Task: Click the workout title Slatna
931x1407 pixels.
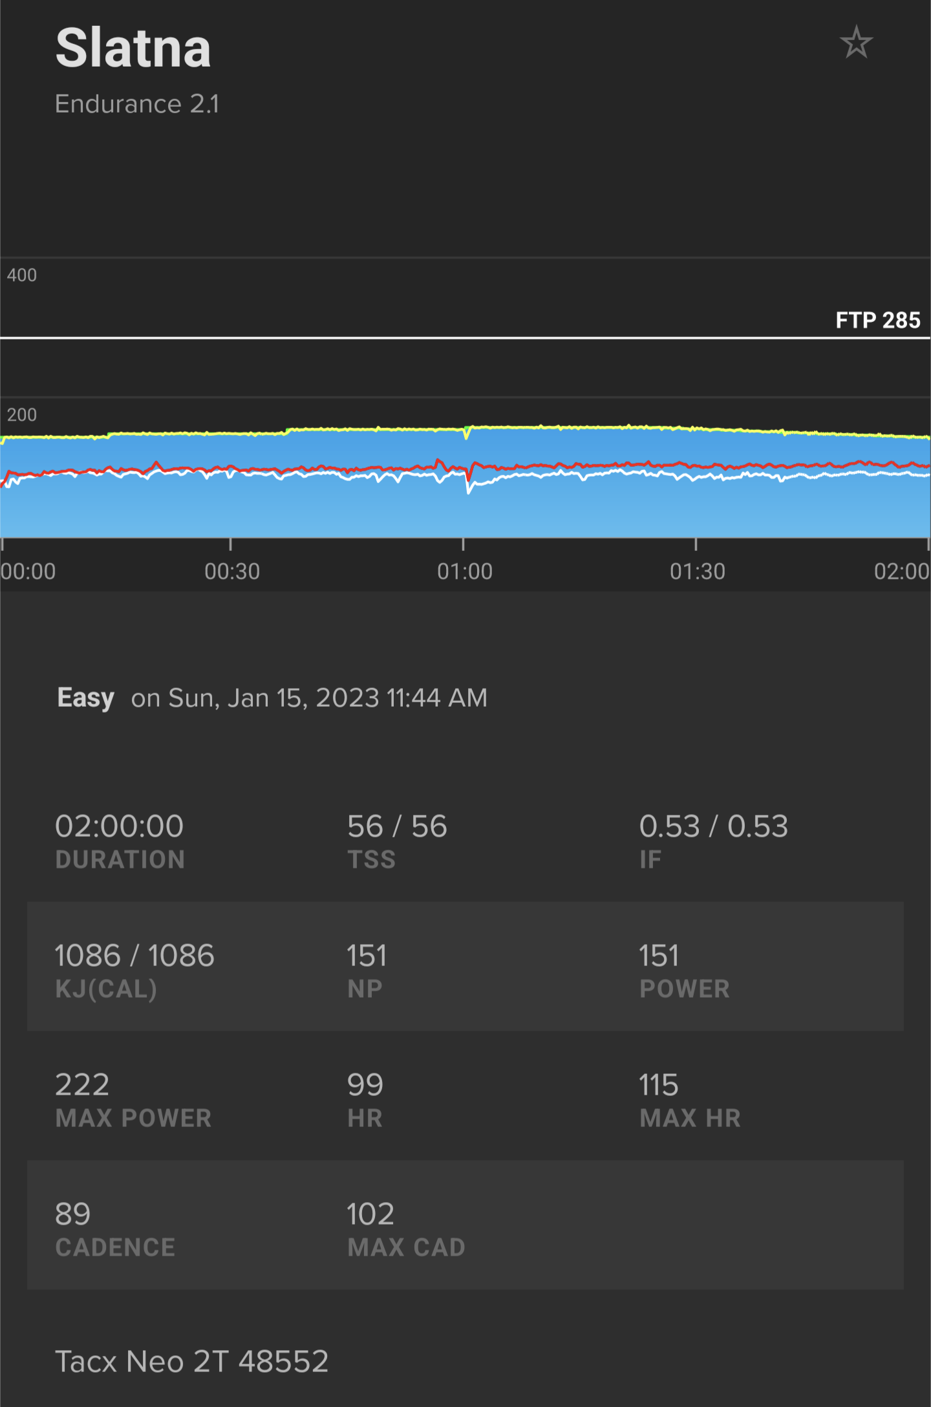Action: point(133,48)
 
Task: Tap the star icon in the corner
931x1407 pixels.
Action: point(856,43)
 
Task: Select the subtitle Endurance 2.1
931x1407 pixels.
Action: point(137,104)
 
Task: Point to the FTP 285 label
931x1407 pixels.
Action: point(877,320)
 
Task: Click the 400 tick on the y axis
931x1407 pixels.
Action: point(22,275)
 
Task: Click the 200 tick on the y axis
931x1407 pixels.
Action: point(22,414)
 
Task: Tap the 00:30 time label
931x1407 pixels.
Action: point(232,572)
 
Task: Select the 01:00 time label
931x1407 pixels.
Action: point(464,572)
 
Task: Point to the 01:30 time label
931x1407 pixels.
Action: point(697,572)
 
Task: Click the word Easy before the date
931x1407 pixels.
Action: point(85,698)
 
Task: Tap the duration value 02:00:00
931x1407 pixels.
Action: point(120,826)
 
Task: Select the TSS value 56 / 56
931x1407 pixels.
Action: point(397,826)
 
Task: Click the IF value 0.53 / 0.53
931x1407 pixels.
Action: point(714,826)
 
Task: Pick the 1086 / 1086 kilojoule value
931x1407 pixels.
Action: point(134,956)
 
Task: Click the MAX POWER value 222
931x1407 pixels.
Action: point(82,1085)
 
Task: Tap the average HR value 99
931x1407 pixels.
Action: point(365,1085)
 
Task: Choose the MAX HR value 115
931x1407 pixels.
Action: point(659,1085)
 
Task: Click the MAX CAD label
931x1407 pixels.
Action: point(407,1247)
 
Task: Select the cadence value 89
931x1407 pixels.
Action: point(73,1214)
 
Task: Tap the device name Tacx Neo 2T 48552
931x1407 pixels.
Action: point(192,1362)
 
